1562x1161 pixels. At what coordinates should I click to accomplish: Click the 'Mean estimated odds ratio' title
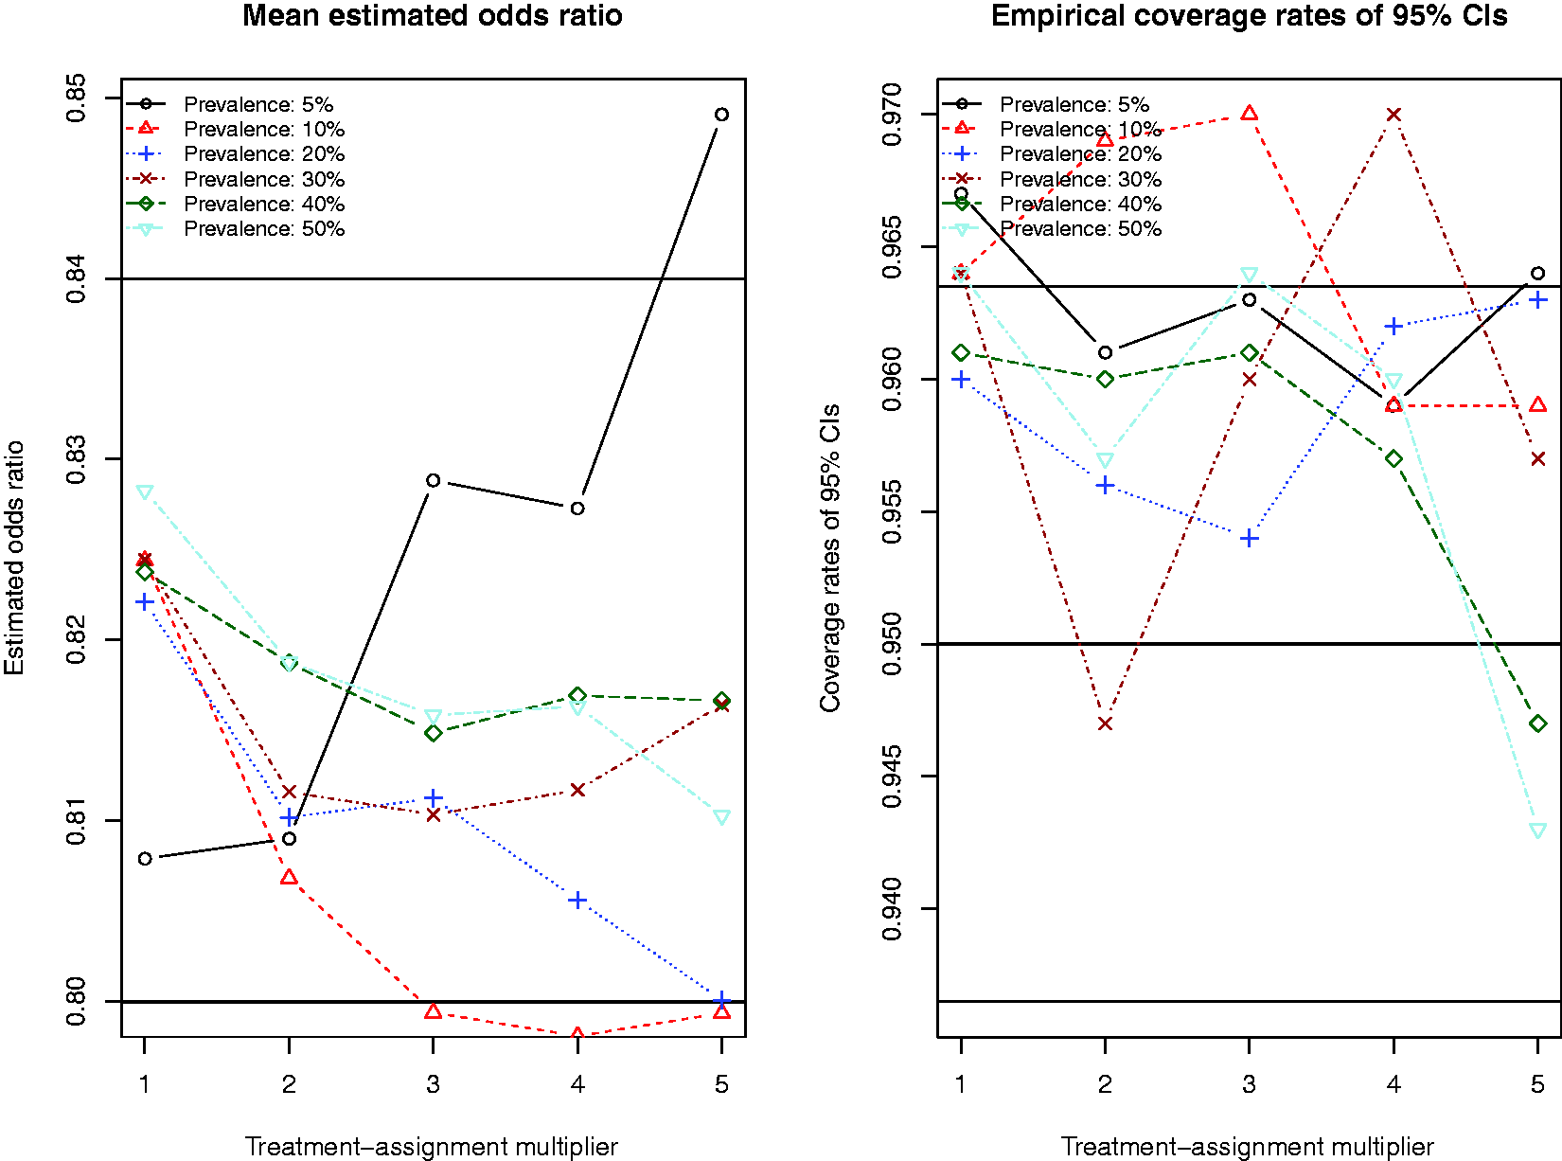[432, 15]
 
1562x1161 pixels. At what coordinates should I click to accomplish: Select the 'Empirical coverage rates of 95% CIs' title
[1249, 15]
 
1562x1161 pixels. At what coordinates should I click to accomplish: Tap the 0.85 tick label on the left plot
[76, 98]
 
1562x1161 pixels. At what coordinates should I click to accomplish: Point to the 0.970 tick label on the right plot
[891, 115]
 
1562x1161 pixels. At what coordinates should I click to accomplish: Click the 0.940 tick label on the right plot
[891, 909]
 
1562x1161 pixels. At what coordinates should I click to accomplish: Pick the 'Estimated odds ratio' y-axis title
[14, 557]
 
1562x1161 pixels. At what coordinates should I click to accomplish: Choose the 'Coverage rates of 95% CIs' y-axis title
[829, 557]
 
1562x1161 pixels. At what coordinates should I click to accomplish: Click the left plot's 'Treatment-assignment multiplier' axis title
[432, 1146]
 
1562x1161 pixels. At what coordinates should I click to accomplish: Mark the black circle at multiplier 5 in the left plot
[721, 115]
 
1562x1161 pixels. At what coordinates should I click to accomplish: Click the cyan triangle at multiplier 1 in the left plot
[145, 491]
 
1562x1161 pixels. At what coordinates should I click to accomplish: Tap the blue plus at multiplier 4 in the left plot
[577, 901]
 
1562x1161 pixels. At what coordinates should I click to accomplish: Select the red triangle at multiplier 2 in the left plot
[289, 876]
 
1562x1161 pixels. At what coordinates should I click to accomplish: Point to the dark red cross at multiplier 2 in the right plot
[1105, 723]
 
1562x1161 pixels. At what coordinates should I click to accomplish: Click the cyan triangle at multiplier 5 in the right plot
[1538, 831]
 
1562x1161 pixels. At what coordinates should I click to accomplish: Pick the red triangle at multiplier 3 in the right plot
[1249, 113]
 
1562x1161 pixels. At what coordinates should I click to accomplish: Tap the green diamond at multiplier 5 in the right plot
[1538, 723]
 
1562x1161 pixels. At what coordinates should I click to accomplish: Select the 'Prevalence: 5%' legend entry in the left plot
[230, 104]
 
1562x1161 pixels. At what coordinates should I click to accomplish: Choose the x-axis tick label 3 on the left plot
[433, 1083]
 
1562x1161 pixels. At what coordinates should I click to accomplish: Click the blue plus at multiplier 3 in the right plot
[1249, 539]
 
